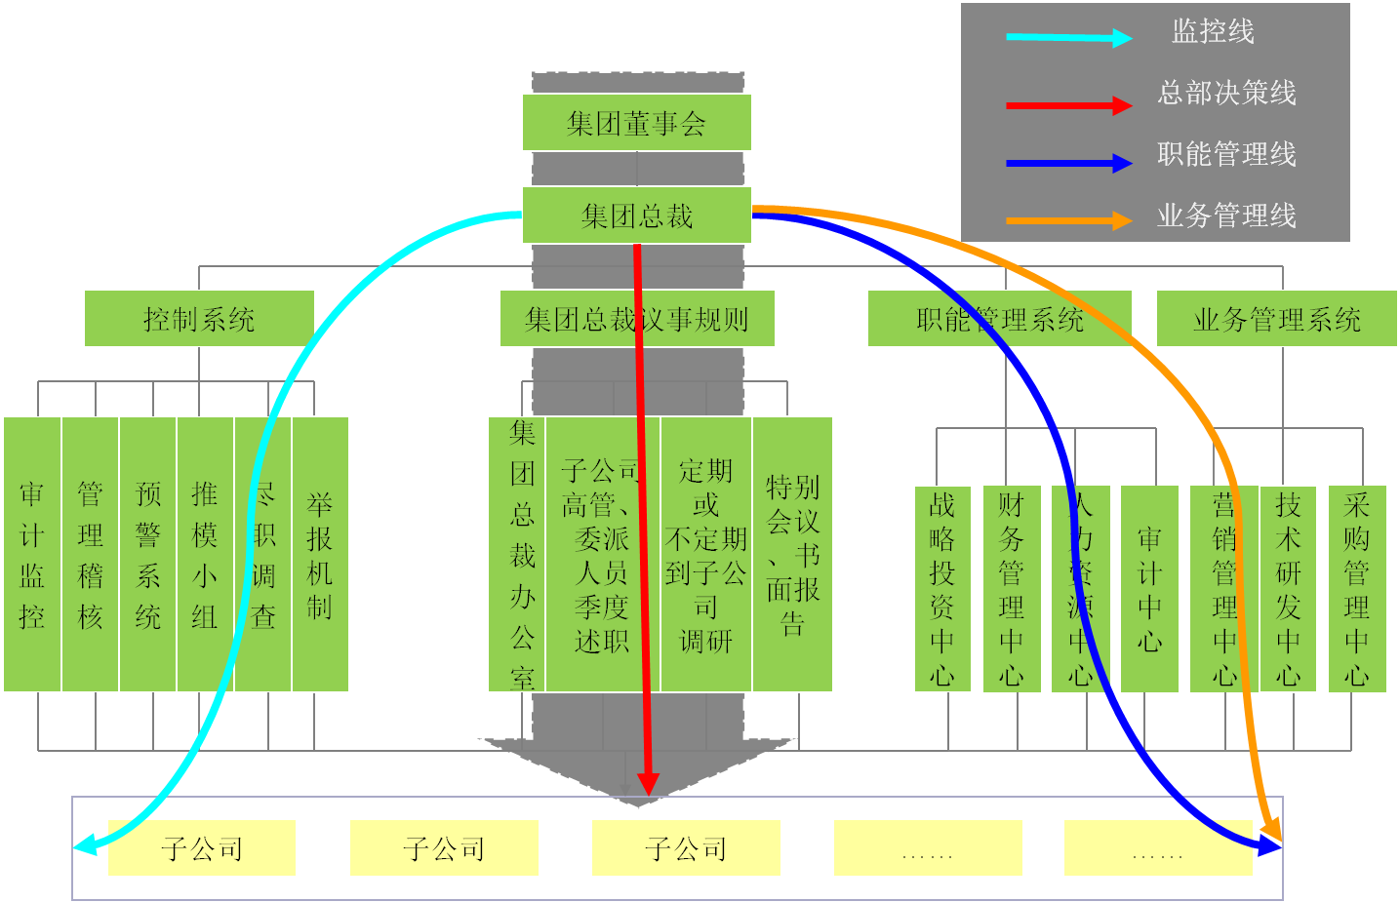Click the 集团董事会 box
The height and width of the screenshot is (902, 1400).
point(636,123)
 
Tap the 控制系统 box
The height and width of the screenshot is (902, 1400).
point(199,319)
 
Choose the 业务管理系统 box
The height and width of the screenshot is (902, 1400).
point(1276,319)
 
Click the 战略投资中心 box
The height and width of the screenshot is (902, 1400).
point(942,589)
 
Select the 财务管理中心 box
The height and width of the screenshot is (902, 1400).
point(1012,589)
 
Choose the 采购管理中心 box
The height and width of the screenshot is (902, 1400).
point(1357,589)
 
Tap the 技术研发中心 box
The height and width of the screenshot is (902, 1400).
point(1288,589)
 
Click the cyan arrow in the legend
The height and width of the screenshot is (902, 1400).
point(1068,38)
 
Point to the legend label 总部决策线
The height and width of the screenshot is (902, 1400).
point(1226,94)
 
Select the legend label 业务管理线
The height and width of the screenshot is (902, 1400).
point(1226,216)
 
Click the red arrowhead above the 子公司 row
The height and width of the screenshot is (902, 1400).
point(648,783)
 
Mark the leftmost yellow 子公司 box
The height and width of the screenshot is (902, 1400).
point(202,848)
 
